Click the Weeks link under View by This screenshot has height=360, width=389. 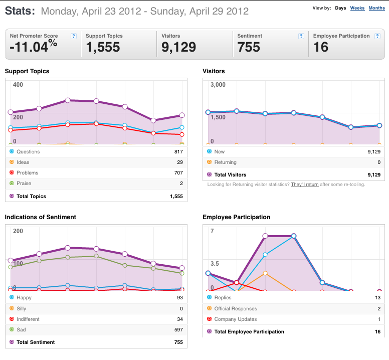tap(357, 8)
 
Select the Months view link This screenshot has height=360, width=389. tap(376, 8)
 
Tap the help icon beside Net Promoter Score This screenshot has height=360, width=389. tap(73, 36)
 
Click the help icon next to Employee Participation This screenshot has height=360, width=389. tap(377, 36)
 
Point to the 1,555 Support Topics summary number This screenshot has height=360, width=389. tap(103, 47)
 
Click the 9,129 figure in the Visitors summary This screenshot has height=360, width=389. tap(178, 47)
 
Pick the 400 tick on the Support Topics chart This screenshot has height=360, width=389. tap(18, 85)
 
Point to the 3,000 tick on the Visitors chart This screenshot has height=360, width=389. tap(218, 85)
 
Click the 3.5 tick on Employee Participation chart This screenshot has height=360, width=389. tap(215, 264)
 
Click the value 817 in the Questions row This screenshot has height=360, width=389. tap(178, 151)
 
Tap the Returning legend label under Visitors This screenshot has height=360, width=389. tap(225, 162)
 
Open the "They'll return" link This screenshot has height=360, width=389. tap(305, 185)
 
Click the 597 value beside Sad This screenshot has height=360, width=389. tap(178, 330)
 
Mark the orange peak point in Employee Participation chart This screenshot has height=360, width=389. tap(265, 273)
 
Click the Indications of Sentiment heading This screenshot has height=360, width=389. tap(41, 217)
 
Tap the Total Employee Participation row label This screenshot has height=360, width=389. tap(249, 332)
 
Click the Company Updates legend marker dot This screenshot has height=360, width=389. tap(209, 319)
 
